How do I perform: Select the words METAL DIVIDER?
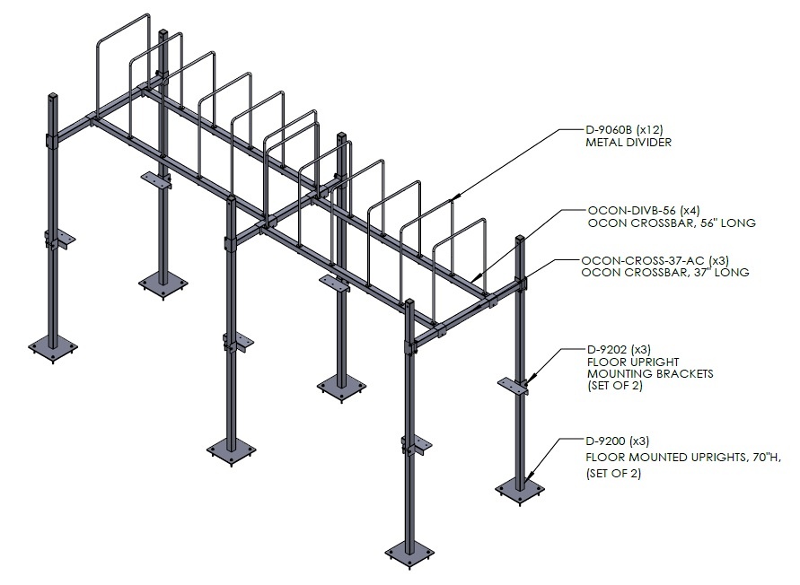coord(629,143)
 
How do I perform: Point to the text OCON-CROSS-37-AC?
coord(642,260)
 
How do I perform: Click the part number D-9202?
coord(607,350)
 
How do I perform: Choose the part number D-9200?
coord(606,441)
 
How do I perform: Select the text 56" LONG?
coord(728,223)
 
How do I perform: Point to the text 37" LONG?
coord(721,273)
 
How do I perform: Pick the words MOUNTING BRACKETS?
coord(650,374)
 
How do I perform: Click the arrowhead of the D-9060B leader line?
coord(454,197)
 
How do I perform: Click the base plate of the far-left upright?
coord(53,349)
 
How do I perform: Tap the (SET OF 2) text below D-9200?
coord(613,474)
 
